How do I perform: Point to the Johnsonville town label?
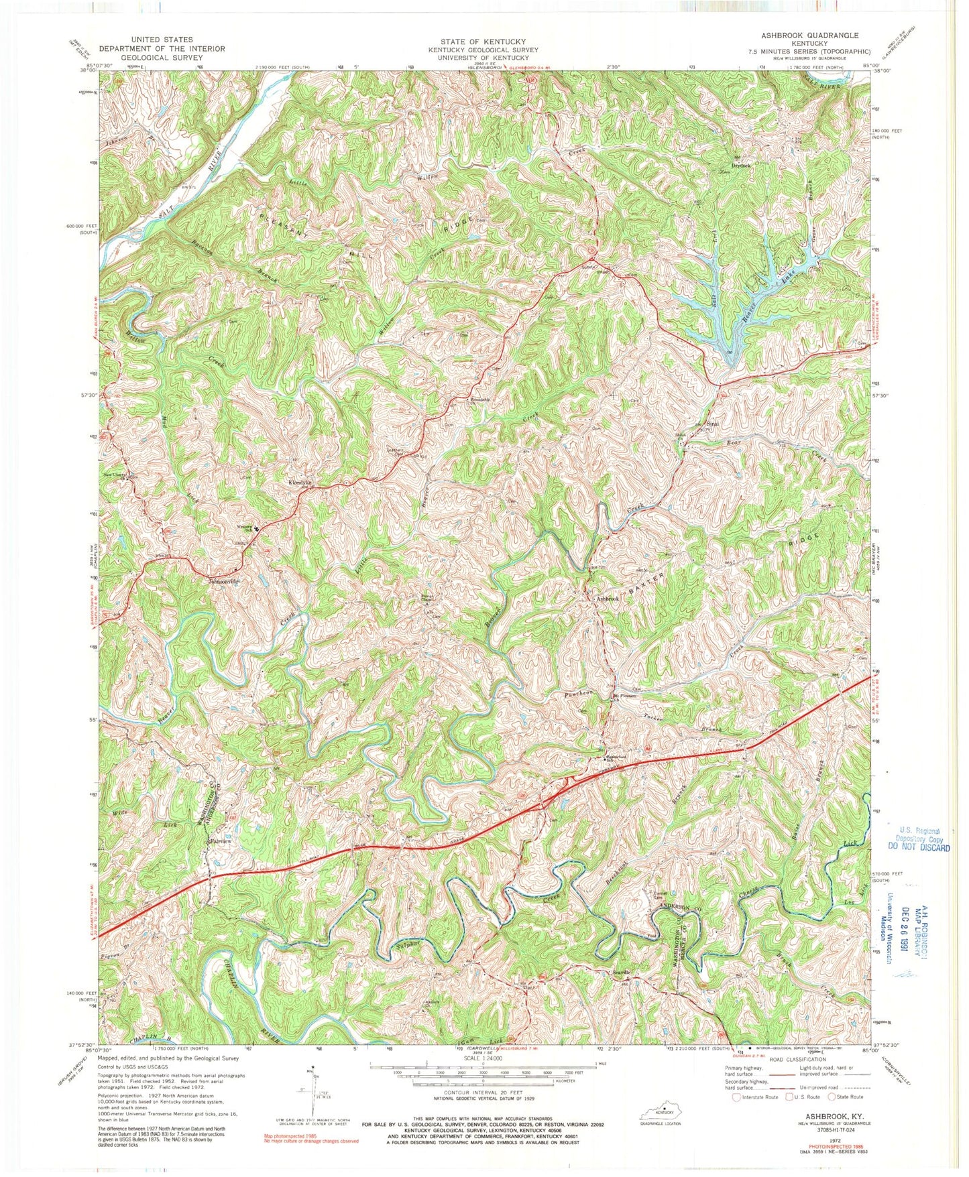pos(224,582)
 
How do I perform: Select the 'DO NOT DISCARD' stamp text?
pos(918,847)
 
